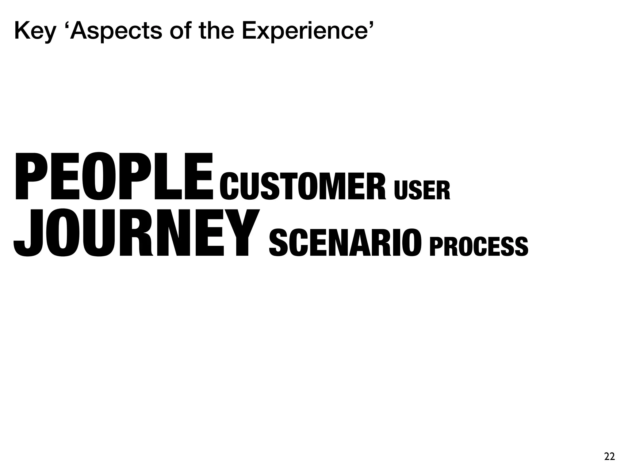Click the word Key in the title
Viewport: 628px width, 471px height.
(35, 32)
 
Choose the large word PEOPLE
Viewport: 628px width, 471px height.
(113, 178)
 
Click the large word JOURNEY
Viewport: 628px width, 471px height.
(137, 233)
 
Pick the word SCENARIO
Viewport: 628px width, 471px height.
(345, 243)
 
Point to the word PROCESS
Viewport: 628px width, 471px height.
(479, 247)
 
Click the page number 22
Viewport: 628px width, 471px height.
(610, 457)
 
